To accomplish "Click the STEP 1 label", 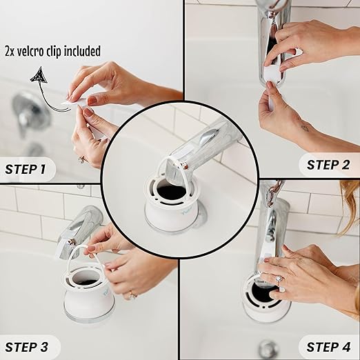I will click(26, 168).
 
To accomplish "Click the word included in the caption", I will click(83, 51).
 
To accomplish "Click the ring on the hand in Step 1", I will click(82, 159).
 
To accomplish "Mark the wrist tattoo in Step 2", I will click(304, 128).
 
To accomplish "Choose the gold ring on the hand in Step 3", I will click(130, 294).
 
